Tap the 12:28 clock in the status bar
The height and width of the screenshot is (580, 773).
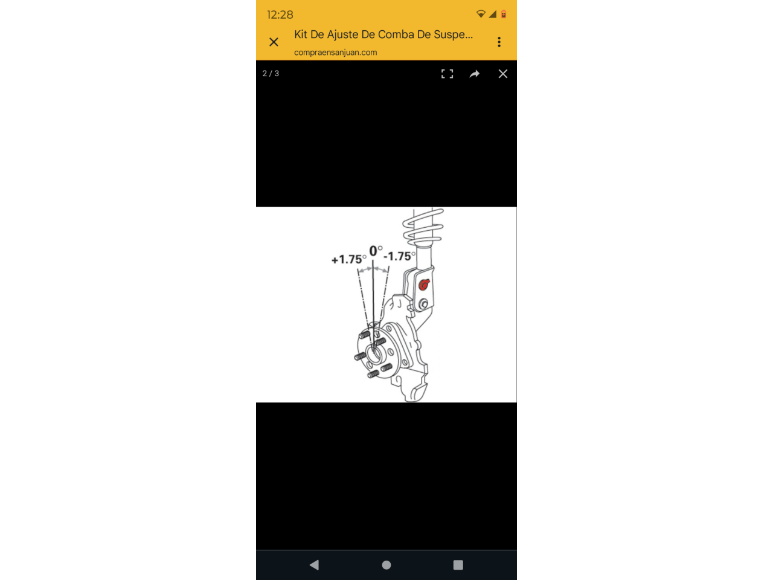280,14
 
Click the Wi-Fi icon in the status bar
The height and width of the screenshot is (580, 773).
480,14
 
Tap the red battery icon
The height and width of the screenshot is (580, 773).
504,14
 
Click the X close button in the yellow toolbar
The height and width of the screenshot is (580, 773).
274,42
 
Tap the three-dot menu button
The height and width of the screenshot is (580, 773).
499,42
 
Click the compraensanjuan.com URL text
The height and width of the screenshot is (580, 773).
335,53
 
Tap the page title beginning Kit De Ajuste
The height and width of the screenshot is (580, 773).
383,34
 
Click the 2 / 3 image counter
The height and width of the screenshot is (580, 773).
271,73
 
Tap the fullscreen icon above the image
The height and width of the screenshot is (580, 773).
447,74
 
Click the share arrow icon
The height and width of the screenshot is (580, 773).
474,74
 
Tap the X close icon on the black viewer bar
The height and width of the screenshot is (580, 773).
502,74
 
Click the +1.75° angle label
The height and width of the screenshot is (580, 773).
348,259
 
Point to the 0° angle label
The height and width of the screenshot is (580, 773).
376,251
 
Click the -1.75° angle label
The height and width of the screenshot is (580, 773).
399,256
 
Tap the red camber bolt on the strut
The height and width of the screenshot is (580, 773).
424,285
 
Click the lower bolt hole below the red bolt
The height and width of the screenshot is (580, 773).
423,303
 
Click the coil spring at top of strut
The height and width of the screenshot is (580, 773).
423,227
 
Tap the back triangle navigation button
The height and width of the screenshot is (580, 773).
314,565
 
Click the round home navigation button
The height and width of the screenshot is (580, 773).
386,565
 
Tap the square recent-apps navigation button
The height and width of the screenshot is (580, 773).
458,565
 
